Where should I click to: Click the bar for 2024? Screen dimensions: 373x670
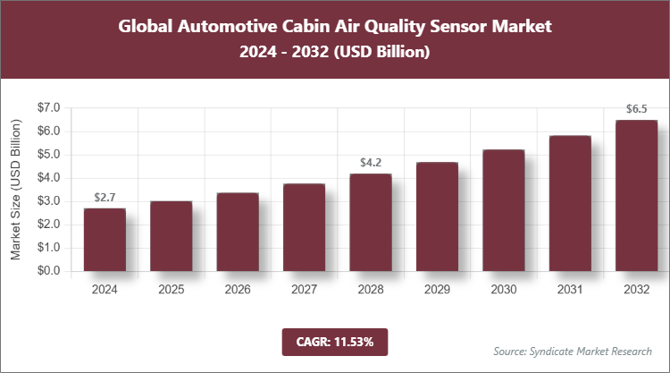105,240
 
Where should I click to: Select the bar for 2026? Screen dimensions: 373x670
237,232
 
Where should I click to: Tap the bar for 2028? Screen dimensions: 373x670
370,223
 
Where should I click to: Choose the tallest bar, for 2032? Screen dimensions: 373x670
636,196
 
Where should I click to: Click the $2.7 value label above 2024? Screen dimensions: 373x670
105,197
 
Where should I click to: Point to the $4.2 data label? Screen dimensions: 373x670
370,163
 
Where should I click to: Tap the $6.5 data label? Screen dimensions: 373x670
636,110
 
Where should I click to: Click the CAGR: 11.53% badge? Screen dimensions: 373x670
335,341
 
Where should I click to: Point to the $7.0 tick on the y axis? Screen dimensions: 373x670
46,108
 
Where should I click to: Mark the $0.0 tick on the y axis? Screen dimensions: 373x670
46,271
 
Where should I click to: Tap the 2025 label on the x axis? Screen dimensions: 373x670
171,290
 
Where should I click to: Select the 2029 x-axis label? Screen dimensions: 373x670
436,290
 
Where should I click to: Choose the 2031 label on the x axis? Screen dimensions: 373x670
569,290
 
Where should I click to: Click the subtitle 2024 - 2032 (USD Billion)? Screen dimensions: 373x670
335,53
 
